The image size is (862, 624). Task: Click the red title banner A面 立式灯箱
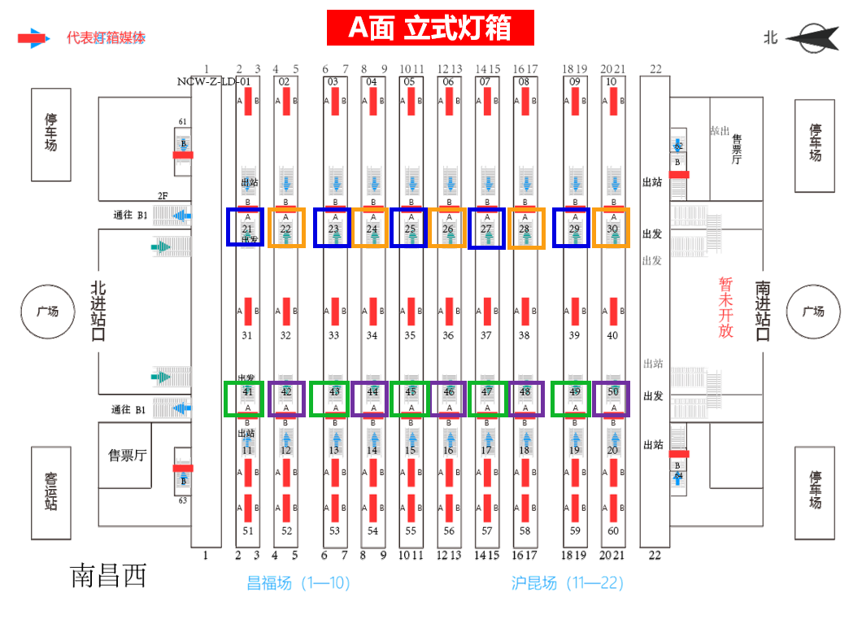(430, 28)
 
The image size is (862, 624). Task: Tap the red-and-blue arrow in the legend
(34, 38)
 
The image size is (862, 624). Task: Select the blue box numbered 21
(246, 228)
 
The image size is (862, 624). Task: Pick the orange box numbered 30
(612, 228)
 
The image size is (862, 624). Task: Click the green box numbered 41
(244, 399)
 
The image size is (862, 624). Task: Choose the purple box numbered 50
(612, 399)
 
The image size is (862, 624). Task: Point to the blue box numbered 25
(409, 228)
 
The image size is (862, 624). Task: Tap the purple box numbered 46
(448, 399)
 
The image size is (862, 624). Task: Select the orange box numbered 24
(372, 228)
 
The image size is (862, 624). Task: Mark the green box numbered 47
(486, 399)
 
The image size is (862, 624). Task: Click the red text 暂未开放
(725, 308)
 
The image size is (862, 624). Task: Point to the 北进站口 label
(98, 311)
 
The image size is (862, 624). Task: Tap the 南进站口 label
(762, 311)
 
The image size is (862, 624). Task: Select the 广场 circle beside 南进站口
(812, 311)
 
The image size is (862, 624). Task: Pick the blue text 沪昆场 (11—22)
(567, 583)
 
